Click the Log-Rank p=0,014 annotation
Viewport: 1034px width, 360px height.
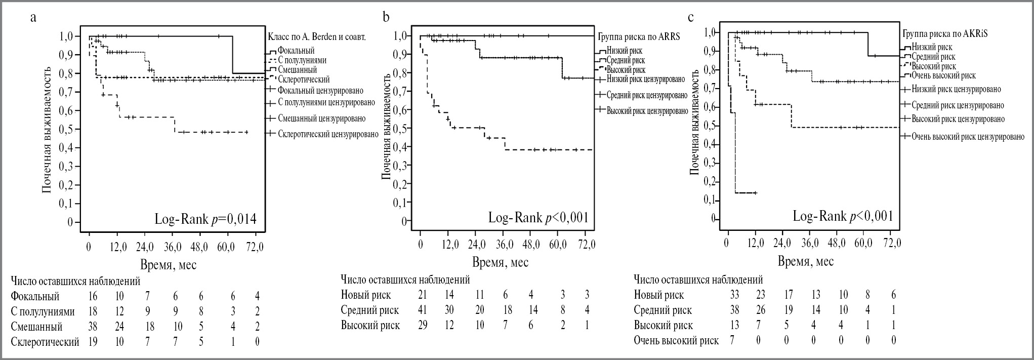205,219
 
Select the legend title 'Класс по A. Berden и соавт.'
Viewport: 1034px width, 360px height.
316,37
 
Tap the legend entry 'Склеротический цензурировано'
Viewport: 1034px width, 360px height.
328,134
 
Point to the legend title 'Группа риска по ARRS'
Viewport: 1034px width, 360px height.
639,37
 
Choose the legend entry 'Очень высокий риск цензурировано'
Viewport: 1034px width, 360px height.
968,136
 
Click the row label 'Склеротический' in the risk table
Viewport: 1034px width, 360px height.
45,342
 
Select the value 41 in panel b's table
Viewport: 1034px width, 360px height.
422,310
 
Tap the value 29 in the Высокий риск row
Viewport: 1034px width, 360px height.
422,325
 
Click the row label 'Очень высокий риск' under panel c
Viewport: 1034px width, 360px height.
676,340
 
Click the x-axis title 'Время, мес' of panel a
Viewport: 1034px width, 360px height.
169,264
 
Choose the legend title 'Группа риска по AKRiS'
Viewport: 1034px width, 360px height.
945,34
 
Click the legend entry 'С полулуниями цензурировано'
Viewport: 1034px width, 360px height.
326,103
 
